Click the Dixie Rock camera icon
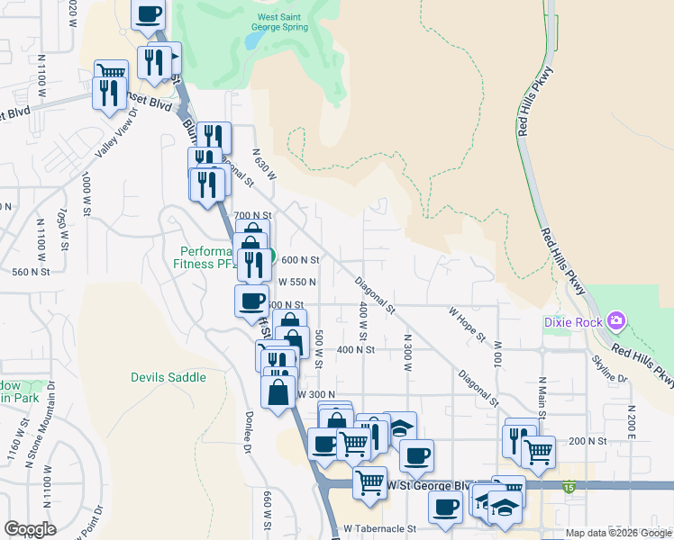pyautogui.click(x=616, y=320)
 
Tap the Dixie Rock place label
pyautogui.click(x=574, y=321)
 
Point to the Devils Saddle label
pyautogui.click(x=168, y=377)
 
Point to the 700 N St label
pyautogui.click(x=252, y=216)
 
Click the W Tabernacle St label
pyautogui.click(x=379, y=529)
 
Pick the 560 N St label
pyautogui.click(x=30, y=271)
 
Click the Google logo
pyautogui.click(x=30, y=529)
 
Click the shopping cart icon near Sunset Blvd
pyautogui.click(x=111, y=72)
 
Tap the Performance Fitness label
pyautogui.click(x=207, y=258)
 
